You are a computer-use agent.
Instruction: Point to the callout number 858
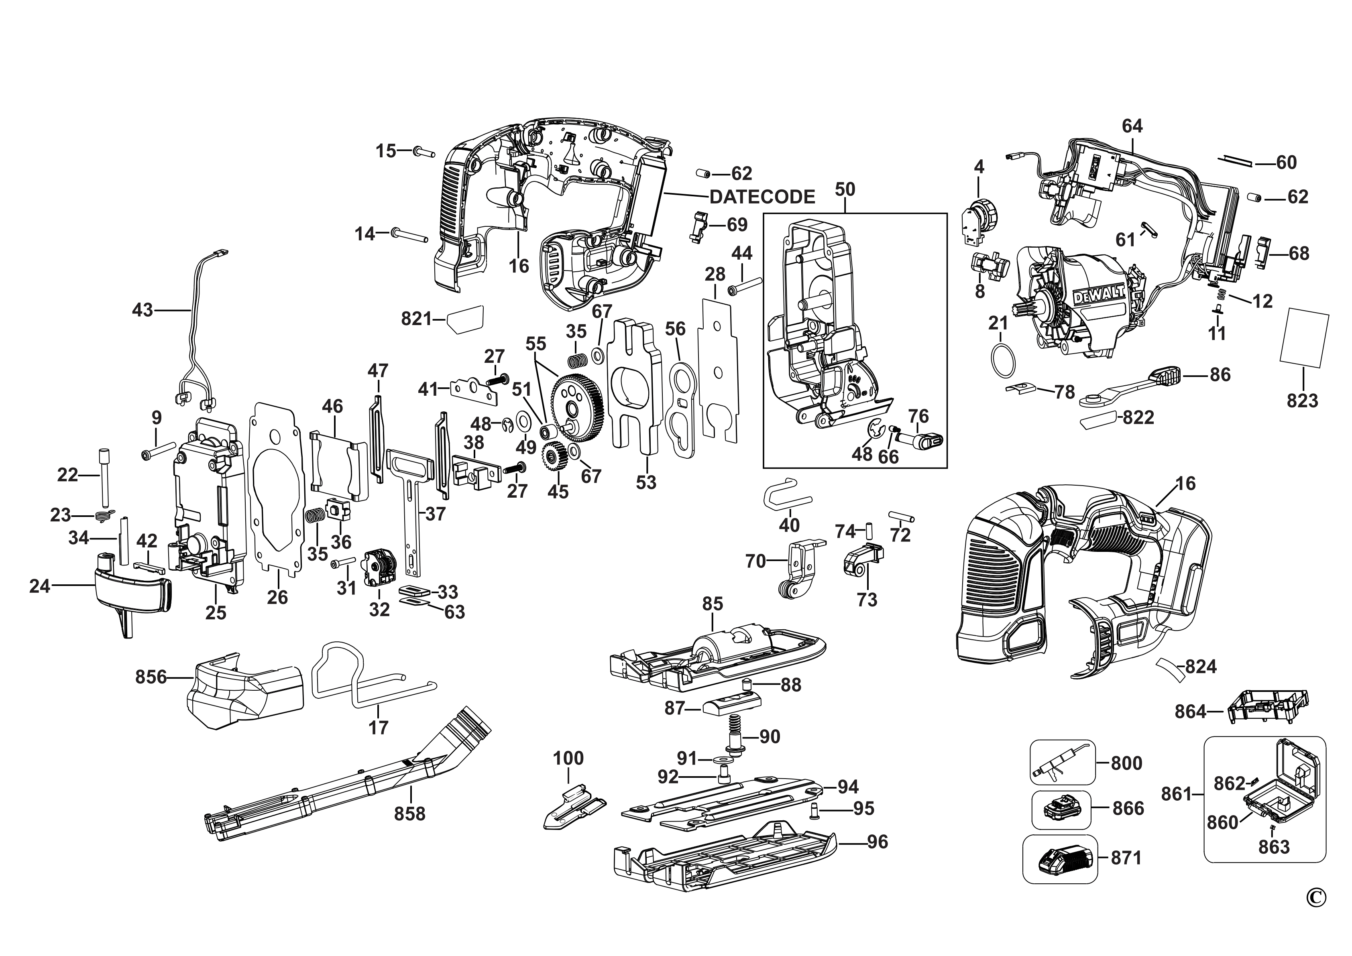410,814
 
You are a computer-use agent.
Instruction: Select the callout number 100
568,758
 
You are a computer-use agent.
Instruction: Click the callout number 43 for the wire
143,310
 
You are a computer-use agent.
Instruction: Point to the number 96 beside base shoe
878,842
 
